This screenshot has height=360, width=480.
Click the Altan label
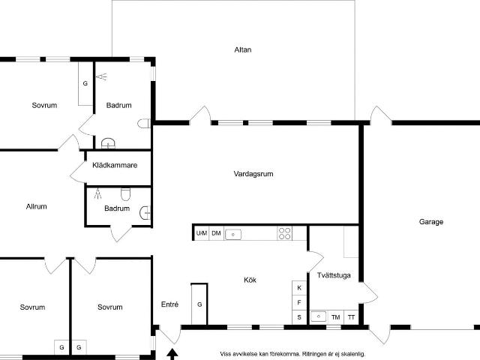pos(242,50)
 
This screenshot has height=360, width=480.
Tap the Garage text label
pos(431,222)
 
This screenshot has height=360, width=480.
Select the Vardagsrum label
pos(253,173)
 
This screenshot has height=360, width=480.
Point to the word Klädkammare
pos(115,166)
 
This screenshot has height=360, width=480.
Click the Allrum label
pos(36,207)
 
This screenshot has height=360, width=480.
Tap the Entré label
pos(170,304)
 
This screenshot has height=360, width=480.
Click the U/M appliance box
pos(201,234)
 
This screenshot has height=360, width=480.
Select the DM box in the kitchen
pos(216,234)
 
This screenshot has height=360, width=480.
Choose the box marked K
pos(299,288)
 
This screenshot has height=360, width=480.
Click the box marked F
pos(299,303)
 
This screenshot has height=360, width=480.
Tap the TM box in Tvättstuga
pos(335,317)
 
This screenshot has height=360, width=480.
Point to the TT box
pos(351,317)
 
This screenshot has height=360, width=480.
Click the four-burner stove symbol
pos(285,233)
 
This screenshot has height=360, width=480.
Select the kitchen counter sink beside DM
pos(234,234)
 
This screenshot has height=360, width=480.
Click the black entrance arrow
pos(172,352)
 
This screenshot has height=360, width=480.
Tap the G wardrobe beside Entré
pos(199,305)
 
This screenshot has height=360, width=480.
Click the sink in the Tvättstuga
pos(318,316)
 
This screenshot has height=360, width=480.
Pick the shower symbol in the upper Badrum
pos(101,76)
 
